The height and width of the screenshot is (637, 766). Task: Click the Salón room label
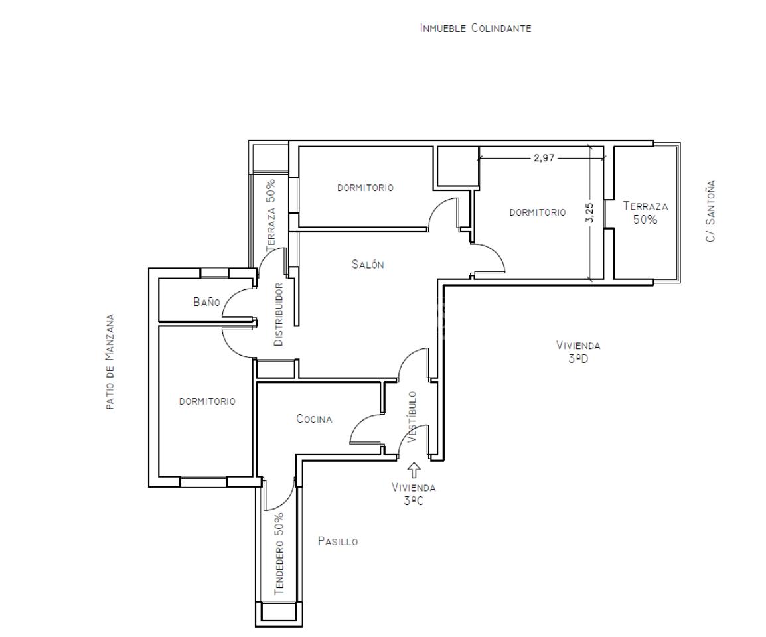tap(368, 265)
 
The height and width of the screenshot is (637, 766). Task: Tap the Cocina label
tap(314, 419)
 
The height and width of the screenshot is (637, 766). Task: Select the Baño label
tap(206, 302)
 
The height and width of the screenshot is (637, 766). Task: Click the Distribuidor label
tap(279, 315)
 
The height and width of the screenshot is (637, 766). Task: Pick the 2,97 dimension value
tap(544, 158)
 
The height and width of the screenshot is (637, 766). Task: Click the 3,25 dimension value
tap(589, 212)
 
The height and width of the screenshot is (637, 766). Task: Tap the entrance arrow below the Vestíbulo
tap(414, 470)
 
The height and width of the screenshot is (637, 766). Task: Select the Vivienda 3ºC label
tap(414, 494)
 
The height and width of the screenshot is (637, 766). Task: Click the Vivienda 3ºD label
tap(578, 352)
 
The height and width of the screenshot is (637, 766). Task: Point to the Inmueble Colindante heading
tap(475, 28)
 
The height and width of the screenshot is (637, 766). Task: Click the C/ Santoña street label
tap(710, 211)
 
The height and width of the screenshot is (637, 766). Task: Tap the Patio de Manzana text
tap(110, 362)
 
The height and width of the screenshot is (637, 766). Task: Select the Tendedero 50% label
tap(279, 553)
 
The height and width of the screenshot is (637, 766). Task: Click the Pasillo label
tap(338, 541)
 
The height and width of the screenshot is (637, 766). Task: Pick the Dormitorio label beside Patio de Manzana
tap(207, 401)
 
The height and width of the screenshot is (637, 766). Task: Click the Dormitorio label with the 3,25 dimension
tap(538, 212)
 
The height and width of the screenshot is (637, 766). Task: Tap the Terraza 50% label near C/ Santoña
tap(645, 213)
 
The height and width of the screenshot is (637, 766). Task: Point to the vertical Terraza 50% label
tap(271, 216)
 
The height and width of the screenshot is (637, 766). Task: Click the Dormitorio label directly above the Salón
tap(366, 188)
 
